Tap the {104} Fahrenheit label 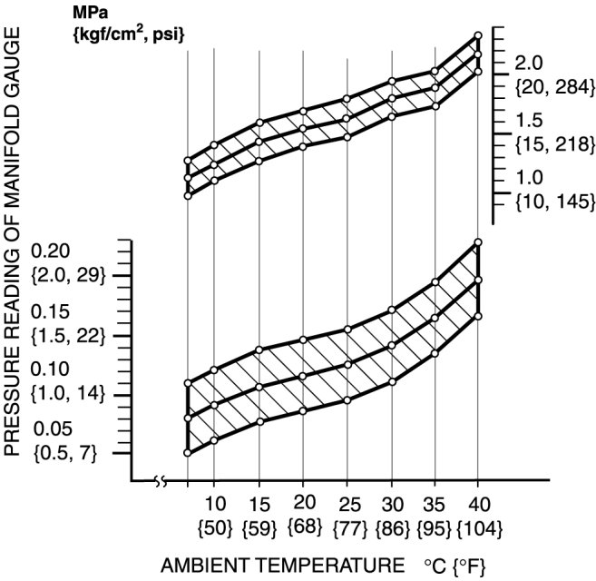point(478,527)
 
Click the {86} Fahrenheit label point(392,527)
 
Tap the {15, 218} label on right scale point(553,143)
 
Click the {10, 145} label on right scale point(553,200)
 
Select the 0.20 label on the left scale point(48,251)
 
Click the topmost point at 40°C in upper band point(478,36)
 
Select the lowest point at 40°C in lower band point(478,316)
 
